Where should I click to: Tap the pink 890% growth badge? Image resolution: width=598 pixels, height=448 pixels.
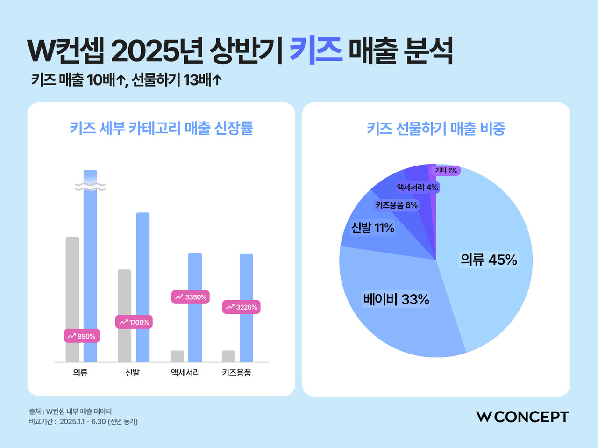[82, 336]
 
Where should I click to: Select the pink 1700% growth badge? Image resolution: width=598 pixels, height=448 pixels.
[134, 322]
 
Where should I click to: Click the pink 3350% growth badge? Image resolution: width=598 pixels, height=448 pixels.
[190, 297]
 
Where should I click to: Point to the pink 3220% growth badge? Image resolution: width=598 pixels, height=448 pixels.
[241, 307]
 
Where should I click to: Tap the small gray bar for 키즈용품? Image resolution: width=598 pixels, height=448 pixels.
[228, 356]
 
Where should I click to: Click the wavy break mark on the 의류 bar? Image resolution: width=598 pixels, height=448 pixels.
[90, 187]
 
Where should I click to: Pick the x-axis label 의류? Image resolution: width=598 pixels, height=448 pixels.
[80, 373]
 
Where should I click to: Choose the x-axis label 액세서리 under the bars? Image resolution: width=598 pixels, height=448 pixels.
[185, 373]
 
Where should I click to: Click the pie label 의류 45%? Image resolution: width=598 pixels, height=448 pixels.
[489, 260]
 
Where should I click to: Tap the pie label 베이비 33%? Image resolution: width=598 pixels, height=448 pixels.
[396, 299]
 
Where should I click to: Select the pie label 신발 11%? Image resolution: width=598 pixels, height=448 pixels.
[373, 228]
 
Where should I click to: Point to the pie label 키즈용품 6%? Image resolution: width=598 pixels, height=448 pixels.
[397, 205]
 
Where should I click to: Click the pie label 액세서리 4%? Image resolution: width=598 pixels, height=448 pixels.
[418, 188]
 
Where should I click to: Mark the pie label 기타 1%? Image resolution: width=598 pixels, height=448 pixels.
[446, 170]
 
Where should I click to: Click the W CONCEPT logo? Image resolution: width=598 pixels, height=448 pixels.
[522, 417]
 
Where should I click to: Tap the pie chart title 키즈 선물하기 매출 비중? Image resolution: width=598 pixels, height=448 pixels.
[436, 128]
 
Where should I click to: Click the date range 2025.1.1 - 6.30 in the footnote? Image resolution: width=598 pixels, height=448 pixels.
[83, 421]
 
